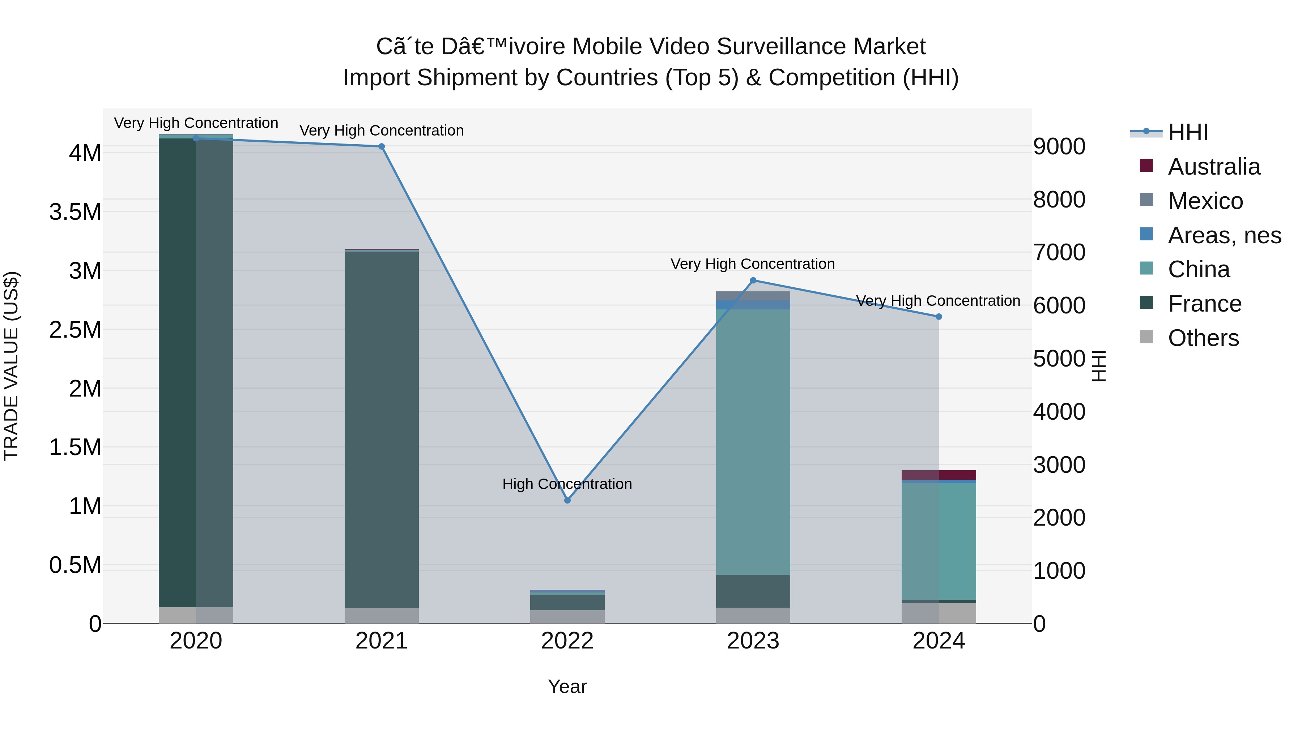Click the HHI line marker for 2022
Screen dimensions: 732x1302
[x=567, y=500]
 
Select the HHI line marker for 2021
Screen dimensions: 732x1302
[x=382, y=146]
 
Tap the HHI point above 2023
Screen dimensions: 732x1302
[x=753, y=281]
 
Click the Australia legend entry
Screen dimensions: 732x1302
[x=1213, y=167]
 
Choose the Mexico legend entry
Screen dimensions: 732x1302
[x=1205, y=201]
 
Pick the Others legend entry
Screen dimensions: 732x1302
[x=1203, y=338]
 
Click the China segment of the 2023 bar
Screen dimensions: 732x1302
[x=753, y=442]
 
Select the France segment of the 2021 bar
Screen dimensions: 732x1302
[x=382, y=429]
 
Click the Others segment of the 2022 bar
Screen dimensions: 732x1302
[x=567, y=617]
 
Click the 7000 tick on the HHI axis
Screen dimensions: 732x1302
[x=1059, y=253]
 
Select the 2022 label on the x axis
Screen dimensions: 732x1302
[x=567, y=641]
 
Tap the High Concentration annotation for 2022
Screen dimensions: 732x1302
[x=567, y=484]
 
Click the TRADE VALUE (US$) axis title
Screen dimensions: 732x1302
[x=11, y=366]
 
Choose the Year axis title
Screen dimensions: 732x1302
[x=567, y=686]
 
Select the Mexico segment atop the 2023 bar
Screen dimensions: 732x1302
[x=753, y=296]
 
